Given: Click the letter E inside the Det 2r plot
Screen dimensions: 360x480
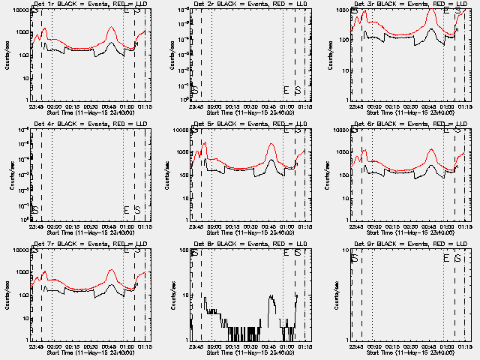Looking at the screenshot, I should click(286, 91).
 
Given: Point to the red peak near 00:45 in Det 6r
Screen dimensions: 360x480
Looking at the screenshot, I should click(431, 149).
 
